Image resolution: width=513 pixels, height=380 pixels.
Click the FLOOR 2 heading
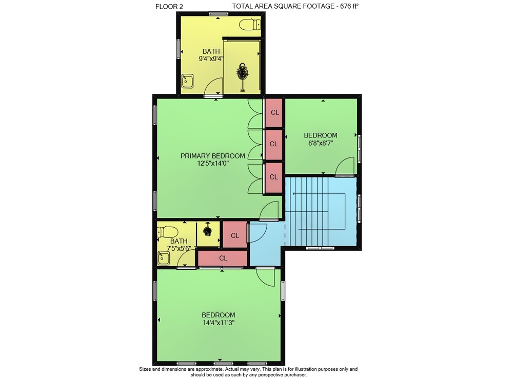[x=169, y=6]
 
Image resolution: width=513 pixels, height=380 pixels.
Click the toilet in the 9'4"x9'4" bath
[x=250, y=24]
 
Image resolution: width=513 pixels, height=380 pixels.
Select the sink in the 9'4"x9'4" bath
[x=188, y=81]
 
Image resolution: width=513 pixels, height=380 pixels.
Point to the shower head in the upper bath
[x=243, y=70]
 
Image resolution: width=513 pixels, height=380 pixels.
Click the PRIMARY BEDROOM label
[x=213, y=156]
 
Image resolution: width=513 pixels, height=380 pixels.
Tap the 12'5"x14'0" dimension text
[x=213, y=163]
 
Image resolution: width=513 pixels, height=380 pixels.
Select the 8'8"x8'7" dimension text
[x=320, y=143]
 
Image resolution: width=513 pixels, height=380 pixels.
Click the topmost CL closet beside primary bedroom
[x=273, y=112]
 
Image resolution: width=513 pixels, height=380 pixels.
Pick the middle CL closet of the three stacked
[x=273, y=144]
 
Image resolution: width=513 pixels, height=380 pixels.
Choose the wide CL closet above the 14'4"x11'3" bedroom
[x=223, y=258]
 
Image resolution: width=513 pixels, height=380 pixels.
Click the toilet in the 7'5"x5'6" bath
[x=168, y=232]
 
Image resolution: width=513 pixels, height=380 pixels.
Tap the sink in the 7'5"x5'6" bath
[x=163, y=258]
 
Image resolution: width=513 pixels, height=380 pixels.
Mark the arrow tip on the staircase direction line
[x=293, y=194]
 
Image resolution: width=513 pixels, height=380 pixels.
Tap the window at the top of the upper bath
[x=218, y=14]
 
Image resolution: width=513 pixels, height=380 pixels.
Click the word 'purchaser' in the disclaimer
[x=295, y=375]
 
